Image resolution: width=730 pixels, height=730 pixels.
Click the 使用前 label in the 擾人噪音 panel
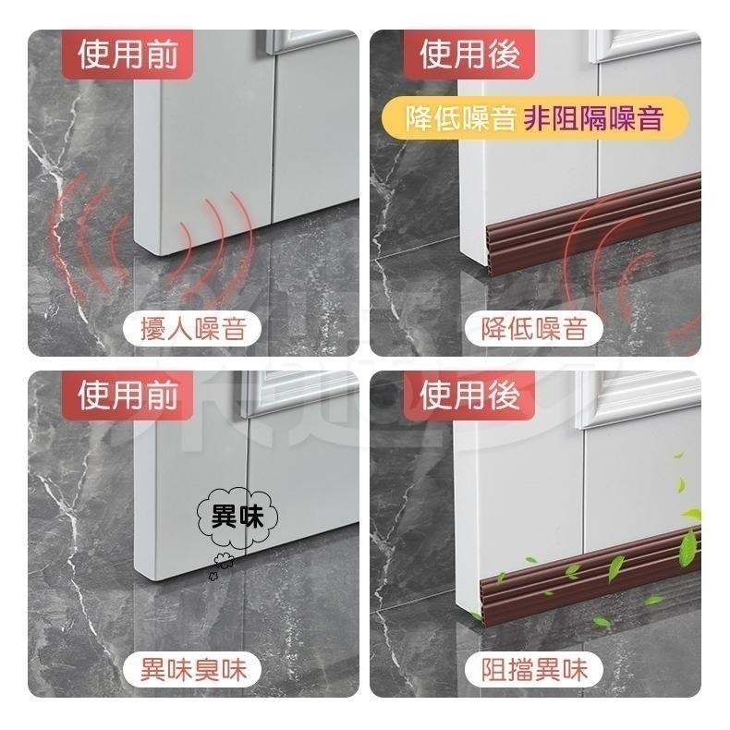128,55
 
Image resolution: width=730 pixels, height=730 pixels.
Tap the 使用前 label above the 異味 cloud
128,395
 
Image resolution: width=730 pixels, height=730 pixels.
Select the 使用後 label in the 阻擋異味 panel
469,395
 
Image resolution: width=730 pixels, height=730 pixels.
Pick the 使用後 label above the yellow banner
469,55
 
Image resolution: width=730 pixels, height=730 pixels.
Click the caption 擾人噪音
193,329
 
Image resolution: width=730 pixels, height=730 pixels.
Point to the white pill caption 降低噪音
534,329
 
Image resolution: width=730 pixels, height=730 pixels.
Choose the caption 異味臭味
193,670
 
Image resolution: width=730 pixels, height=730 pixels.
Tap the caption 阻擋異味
534,670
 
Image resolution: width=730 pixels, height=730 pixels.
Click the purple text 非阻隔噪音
593,118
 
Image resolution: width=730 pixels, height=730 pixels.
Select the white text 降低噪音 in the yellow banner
460,118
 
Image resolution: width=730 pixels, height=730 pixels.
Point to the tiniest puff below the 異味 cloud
213,577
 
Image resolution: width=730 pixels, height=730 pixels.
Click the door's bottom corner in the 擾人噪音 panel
162,256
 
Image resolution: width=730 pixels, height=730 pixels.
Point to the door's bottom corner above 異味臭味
154,579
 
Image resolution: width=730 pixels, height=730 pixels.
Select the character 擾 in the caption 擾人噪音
152,329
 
